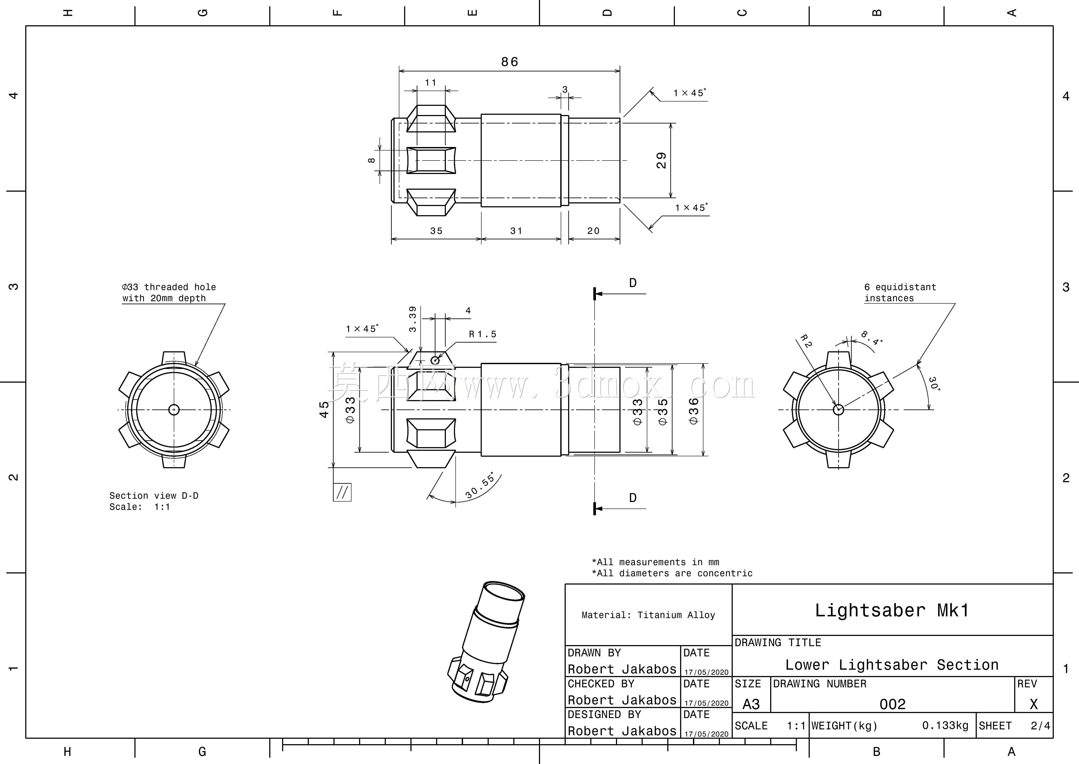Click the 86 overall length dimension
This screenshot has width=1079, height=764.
(509, 62)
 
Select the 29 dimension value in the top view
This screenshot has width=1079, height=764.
(661, 161)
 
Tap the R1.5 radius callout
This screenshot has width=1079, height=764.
(483, 334)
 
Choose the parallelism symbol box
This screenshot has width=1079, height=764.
(342, 492)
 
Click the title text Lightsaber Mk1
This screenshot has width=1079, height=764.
(892, 610)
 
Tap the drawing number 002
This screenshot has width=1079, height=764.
(892, 704)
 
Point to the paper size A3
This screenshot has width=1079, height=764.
(751, 704)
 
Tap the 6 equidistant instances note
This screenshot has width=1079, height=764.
(900, 292)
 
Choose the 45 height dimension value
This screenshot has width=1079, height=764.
(324, 409)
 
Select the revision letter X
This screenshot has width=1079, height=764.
(1033, 704)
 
